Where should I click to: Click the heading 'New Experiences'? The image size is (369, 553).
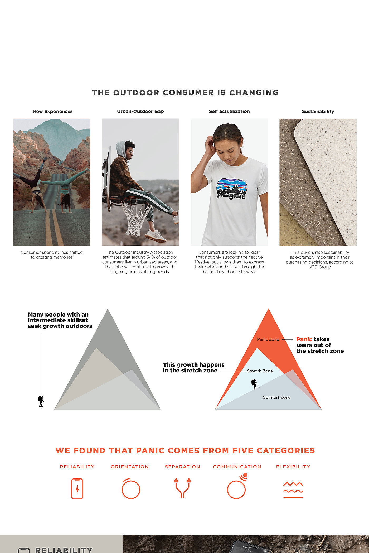click(52, 111)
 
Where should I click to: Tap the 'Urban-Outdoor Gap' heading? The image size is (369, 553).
click(140, 111)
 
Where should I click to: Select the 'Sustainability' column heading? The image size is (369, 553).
click(318, 111)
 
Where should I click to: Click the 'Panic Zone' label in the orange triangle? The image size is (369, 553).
click(268, 339)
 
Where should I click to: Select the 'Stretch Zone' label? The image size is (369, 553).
click(260, 371)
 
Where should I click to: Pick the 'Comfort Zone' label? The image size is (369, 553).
click(276, 397)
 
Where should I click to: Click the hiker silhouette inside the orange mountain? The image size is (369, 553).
click(254, 384)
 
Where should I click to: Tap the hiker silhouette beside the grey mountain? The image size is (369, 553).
click(41, 401)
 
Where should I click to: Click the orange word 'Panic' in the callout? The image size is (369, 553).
click(304, 339)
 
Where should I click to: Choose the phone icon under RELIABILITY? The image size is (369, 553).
click(77, 489)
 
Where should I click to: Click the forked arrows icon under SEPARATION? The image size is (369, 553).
click(182, 488)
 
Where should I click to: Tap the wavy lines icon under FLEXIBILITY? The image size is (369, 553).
click(293, 490)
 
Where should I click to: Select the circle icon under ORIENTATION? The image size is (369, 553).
click(131, 489)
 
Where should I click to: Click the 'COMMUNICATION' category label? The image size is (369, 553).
click(237, 467)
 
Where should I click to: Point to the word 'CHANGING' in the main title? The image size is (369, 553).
click(254, 93)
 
